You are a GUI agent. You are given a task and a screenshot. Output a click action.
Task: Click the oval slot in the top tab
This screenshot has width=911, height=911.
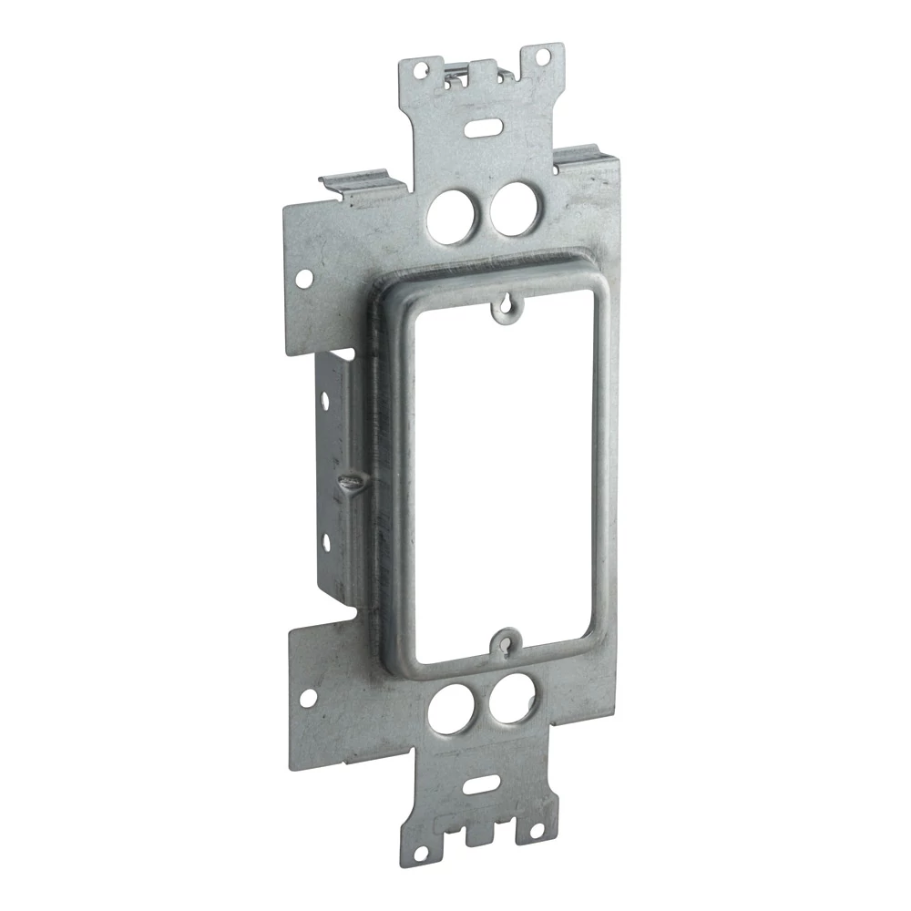coord(482,124)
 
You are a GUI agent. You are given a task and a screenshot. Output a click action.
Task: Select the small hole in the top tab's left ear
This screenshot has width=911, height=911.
coord(420,67)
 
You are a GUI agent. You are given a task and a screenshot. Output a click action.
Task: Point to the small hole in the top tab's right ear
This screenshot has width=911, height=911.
coord(543,56)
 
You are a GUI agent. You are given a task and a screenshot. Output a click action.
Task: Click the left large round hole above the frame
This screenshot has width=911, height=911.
coord(451,215)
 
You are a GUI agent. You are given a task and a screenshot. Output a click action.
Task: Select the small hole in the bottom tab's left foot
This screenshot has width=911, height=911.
coord(420,852)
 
